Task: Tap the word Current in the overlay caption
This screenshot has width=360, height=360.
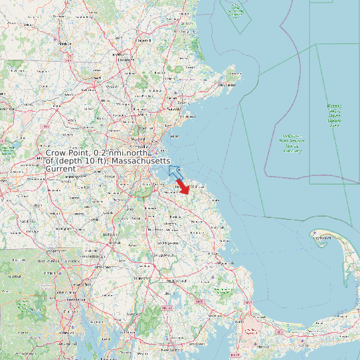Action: tap(60, 169)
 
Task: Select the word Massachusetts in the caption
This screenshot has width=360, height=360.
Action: tap(141, 162)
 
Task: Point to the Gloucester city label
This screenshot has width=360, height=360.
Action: tap(228, 84)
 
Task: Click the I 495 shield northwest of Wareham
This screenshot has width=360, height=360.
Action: tap(199, 302)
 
